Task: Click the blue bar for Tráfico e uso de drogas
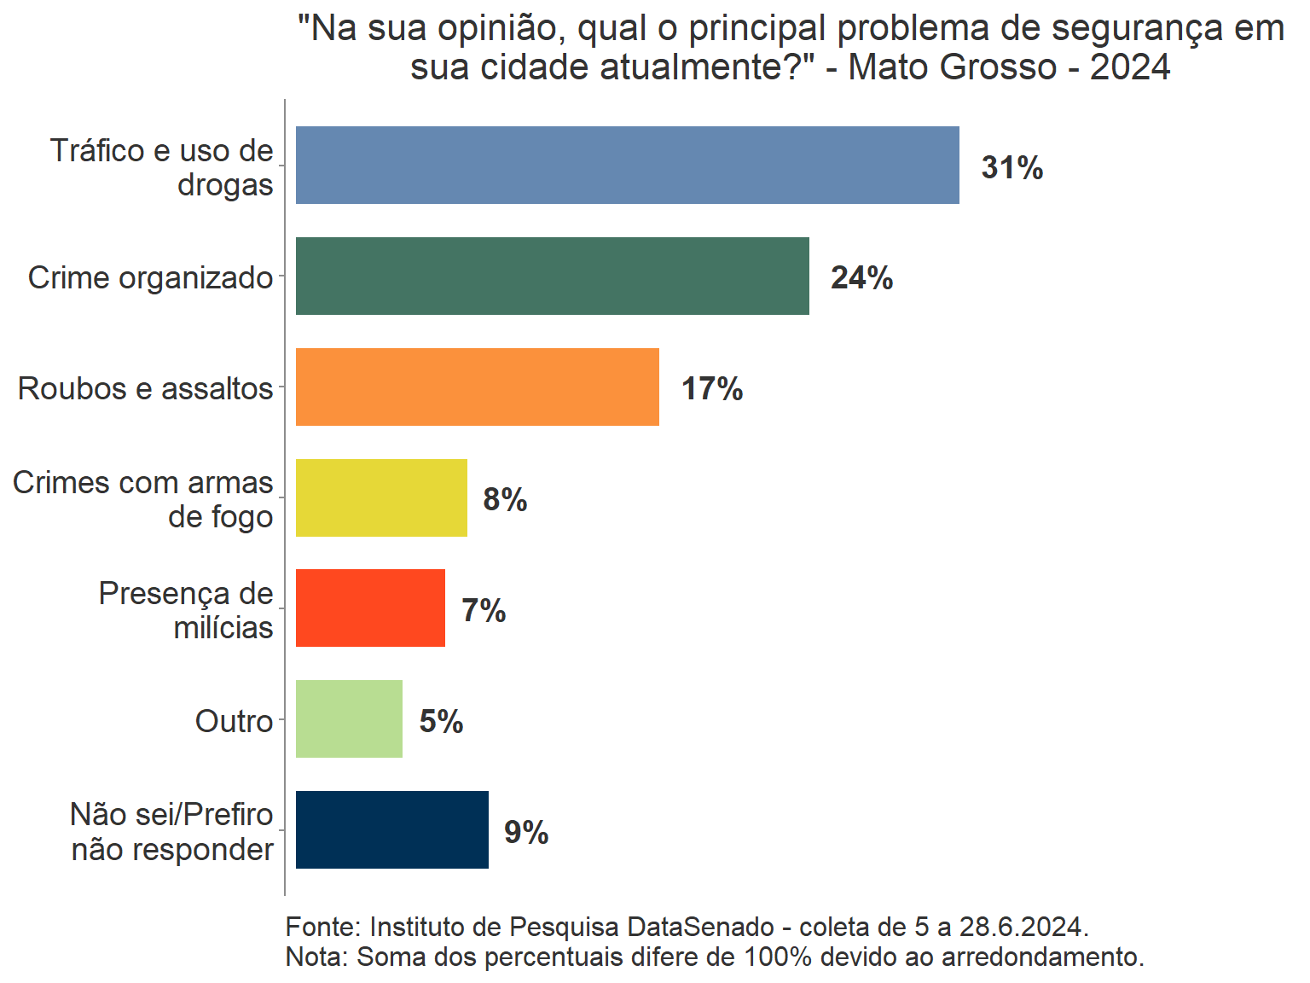[627, 166]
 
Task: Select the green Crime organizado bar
[552, 276]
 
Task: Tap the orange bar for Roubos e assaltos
[477, 387]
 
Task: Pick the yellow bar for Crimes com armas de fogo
[381, 497]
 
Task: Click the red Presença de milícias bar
[370, 608]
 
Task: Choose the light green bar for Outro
[349, 719]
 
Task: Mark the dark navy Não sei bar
[391, 830]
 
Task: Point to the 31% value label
[1011, 167]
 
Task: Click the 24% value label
[861, 278]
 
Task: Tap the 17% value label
[711, 389]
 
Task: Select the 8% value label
[505, 500]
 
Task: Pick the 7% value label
[484, 611]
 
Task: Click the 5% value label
[441, 722]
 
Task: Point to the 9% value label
[526, 833]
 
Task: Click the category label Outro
[234, 721]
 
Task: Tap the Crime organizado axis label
[150, 277]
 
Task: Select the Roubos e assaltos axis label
[145, 388]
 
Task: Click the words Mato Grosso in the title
[953, 67]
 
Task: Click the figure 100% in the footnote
[778, 957]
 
